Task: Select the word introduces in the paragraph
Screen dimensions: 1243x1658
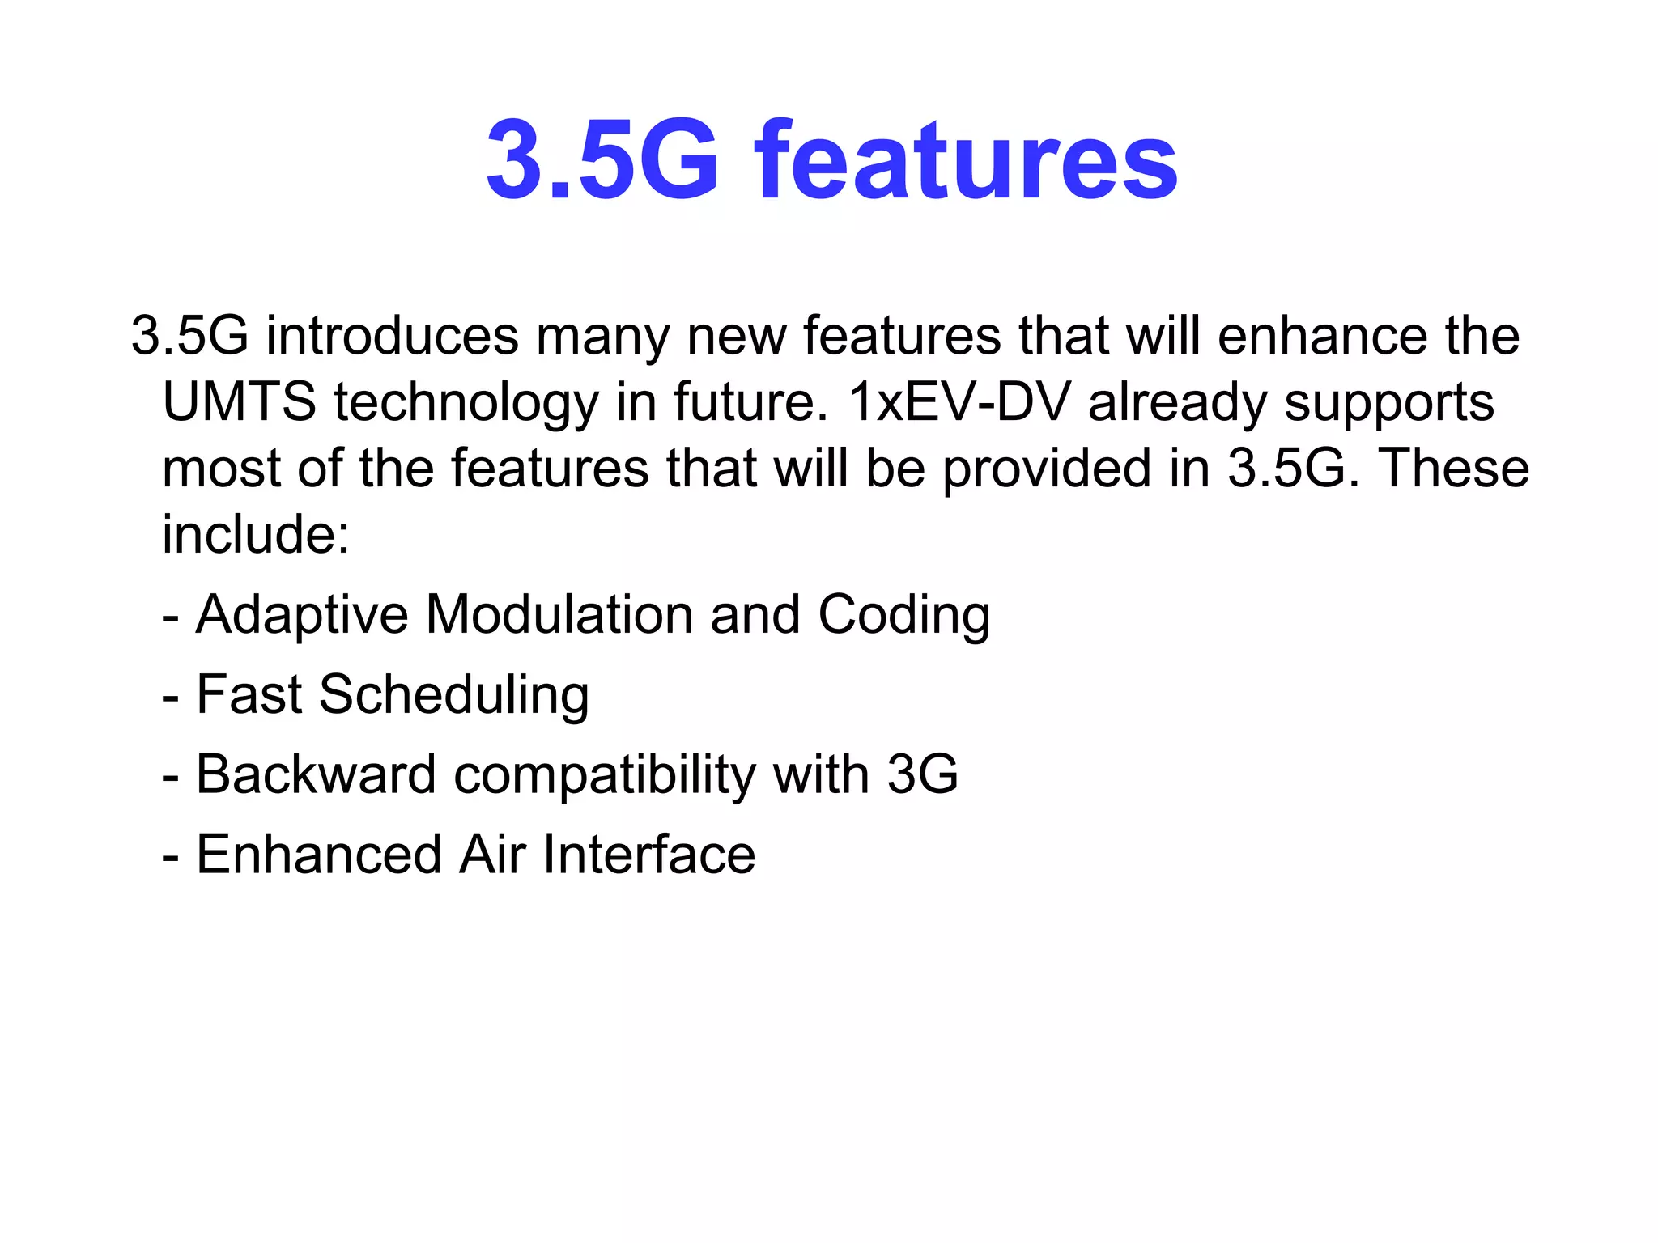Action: click(x=392, y=336)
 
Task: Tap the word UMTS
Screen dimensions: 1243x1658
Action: click(x=239, y=402)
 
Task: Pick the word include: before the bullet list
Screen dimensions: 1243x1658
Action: click(x=256, y=534)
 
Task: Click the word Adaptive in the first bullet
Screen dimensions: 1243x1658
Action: click(x=302, y=616)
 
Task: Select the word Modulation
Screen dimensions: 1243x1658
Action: click(x=559, y=614)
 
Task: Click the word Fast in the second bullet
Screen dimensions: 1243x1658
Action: click(x=249, y=694)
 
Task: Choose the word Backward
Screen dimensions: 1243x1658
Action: click(x=316, y=774)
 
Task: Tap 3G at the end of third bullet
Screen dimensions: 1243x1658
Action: click(x=922, y=774)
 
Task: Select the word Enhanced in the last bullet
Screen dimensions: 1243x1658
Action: click(x=319, y=855)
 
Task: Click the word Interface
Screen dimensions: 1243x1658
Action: click(x=648, y=855)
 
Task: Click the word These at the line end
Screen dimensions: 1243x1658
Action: click(x=1454, y=469)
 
